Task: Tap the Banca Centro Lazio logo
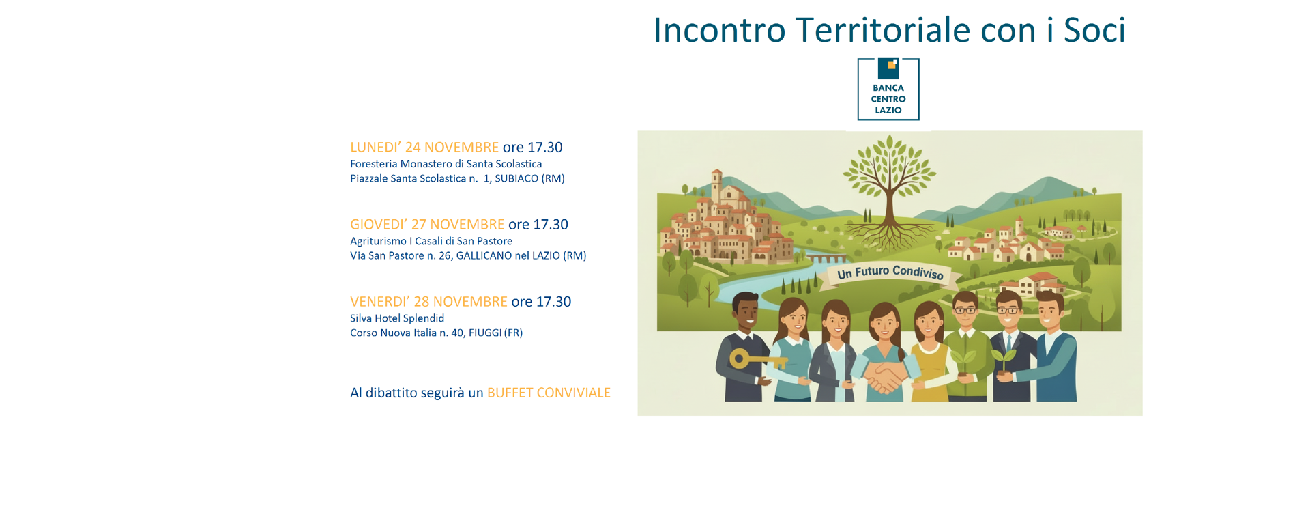[x=888, y=89]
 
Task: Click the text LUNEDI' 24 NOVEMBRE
[x=424, y=148]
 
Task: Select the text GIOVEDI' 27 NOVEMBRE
[x=426, y=225]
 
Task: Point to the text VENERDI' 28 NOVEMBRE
[x=428, y=302]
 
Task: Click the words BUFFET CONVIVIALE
[x=549, y=393]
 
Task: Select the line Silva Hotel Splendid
[x=396, y=318]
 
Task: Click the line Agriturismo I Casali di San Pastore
[x=431, y=241]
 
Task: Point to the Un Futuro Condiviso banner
[x=890, y=273]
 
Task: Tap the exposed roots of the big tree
[x=889, y=236]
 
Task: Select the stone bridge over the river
[x=827, y=259]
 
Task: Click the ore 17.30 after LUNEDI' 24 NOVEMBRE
[x=532, y=148]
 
